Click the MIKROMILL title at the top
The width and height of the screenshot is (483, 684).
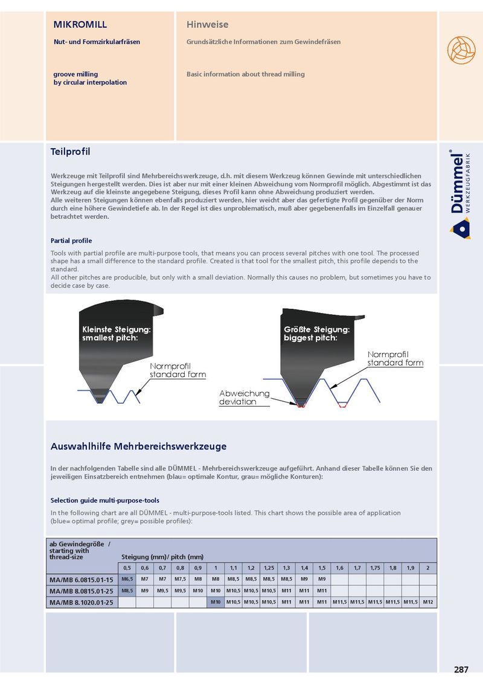[x=80, y=25]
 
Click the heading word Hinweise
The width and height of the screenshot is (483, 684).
[x=207, y=25]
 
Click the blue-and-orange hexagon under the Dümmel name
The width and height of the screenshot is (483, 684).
[x=460, y=228]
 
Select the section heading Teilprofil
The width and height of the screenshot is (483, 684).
[x=70, y=151]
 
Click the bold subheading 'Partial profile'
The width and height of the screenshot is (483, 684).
[x=71, y=240]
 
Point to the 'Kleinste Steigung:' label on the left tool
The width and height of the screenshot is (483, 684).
[x=116, y=330]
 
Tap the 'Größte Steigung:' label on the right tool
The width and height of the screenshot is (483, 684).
[x=316, y=330]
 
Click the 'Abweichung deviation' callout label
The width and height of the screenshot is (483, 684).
[x=244, y=398]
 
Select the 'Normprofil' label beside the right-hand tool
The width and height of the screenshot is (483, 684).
[x=388, y=354]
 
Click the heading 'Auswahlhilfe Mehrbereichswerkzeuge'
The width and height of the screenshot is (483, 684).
[x=138, y=447]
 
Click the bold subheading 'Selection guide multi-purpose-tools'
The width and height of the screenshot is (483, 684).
[x=104, y=500]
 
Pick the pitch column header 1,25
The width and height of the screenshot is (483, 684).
[x=269, y=568]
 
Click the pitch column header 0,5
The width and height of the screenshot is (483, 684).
[x=127, y=568]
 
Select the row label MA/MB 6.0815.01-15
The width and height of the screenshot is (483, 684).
[x=82, y=579]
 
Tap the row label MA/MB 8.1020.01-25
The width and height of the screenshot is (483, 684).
[x=82, y=602]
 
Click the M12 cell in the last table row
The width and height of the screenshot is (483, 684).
[x=428, y=602]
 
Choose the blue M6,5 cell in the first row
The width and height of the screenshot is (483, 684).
[x=127, y=579]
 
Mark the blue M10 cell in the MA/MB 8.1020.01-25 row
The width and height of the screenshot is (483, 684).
[x=216, y=602]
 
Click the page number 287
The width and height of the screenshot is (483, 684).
[x=461, y=669]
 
